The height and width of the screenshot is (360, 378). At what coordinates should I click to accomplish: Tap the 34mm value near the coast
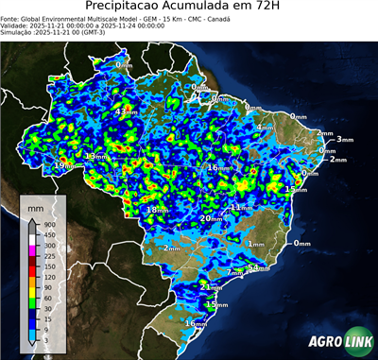pos(258,268)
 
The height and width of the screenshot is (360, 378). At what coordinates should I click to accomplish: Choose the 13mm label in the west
pos(94,156)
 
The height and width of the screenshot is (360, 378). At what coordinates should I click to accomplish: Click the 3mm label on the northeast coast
pos(344,139)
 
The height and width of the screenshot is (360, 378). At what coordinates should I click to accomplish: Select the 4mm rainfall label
pos(265,127)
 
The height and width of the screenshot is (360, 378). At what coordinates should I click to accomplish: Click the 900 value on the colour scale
pos(47,224)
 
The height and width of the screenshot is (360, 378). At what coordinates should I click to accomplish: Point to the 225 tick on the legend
pos(47,256)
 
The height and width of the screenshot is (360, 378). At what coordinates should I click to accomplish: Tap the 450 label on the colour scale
pos(47,234)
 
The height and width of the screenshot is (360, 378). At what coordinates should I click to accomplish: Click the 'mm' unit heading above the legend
pos(35,206)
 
